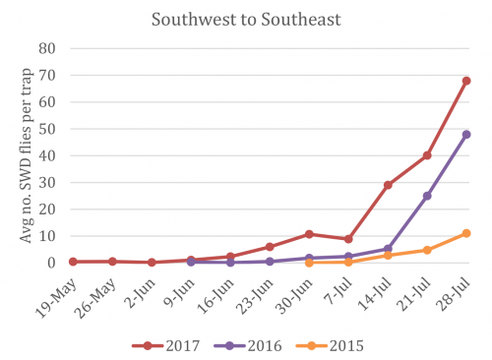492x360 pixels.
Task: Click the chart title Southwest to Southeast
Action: (246, 20)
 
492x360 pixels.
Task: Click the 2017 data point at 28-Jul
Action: (466, 81)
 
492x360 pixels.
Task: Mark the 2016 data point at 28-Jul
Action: (466, 134)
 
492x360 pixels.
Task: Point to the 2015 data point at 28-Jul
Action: (466, 233)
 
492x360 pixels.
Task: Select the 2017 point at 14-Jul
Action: (388, 185)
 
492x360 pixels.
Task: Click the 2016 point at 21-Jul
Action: (427, 196)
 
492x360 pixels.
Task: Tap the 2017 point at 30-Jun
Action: (309, 234)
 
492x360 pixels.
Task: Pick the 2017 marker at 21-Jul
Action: (427, 155)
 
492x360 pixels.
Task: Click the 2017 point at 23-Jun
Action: (270, 247)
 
